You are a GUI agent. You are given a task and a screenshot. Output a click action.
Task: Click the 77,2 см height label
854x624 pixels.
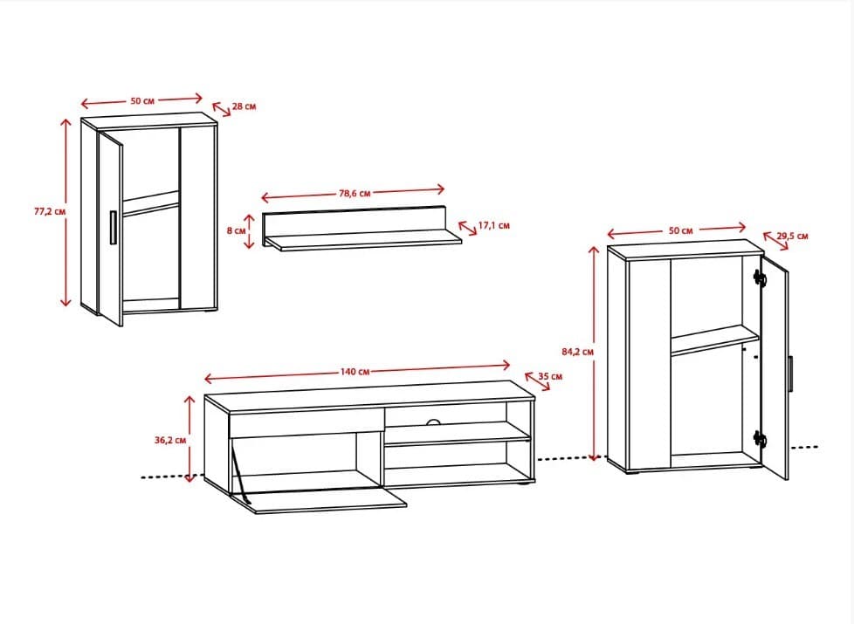(50, 212)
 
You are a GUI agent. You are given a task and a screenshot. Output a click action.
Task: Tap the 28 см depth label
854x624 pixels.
(244, 106)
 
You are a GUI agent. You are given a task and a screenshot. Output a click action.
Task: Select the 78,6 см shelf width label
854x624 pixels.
(355, 193)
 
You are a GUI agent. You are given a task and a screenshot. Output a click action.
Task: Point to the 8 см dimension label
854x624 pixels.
(236, 230)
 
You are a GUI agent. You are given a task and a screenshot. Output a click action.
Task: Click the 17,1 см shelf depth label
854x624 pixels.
(494, 225)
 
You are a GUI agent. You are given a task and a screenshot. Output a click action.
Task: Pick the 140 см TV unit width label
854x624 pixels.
(355, 372)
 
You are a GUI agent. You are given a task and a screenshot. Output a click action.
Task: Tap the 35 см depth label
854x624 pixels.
(550, 376)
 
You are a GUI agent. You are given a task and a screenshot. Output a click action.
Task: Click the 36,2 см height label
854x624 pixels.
(170, 440)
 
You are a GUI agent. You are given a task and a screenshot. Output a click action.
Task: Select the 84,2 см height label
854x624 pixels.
(577, 352)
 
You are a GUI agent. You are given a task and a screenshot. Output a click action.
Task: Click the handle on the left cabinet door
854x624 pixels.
(113, 228)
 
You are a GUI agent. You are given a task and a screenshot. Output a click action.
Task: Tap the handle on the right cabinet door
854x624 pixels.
(790, 374)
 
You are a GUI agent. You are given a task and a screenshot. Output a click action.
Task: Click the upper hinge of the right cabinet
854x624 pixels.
(759, 278)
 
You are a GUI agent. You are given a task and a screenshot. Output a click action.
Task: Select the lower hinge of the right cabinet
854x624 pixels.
(759, 438)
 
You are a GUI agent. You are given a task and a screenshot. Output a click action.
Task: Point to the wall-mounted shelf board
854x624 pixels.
(362, 241)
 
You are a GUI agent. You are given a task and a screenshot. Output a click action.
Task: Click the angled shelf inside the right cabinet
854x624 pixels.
(714, 339)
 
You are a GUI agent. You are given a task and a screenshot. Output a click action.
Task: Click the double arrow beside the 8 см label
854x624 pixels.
(249, 231)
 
